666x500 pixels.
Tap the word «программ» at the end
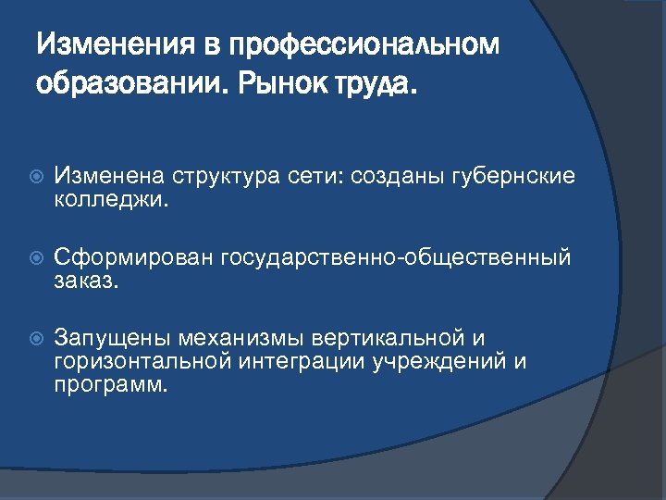tap(110, 382)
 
